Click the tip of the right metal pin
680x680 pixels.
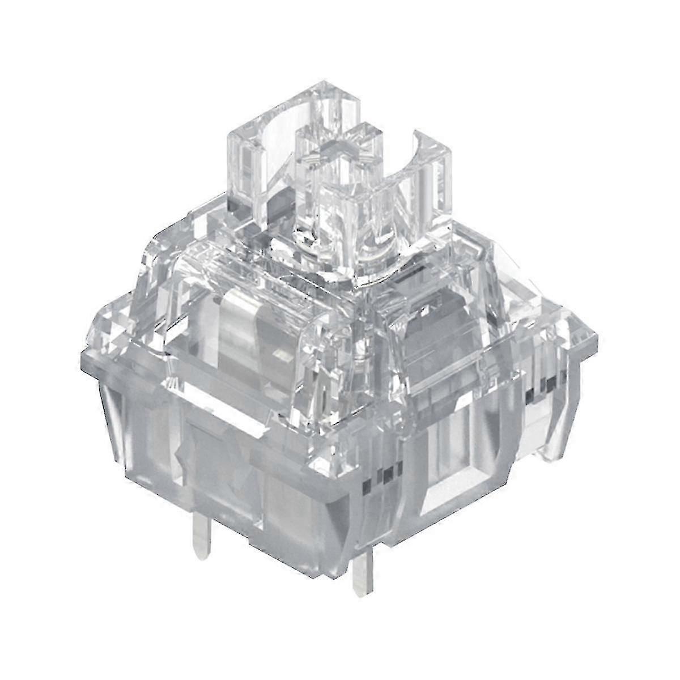point(361,592)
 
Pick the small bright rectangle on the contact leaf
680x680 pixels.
point(278,355)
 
